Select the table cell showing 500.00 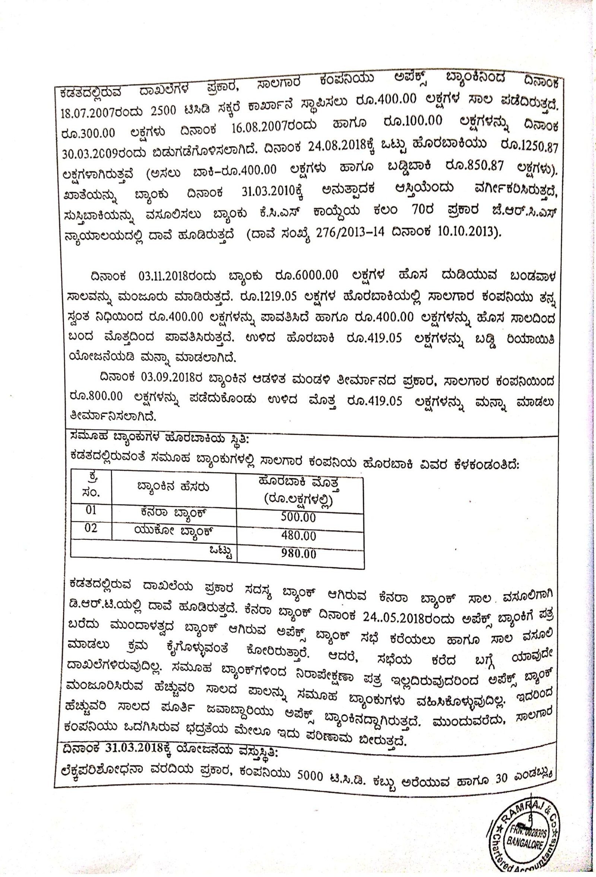(x=298, y=517)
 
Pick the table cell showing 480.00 (x=298, y=535)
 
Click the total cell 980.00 (x=298, y=554)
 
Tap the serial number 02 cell (x=91, y=528)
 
